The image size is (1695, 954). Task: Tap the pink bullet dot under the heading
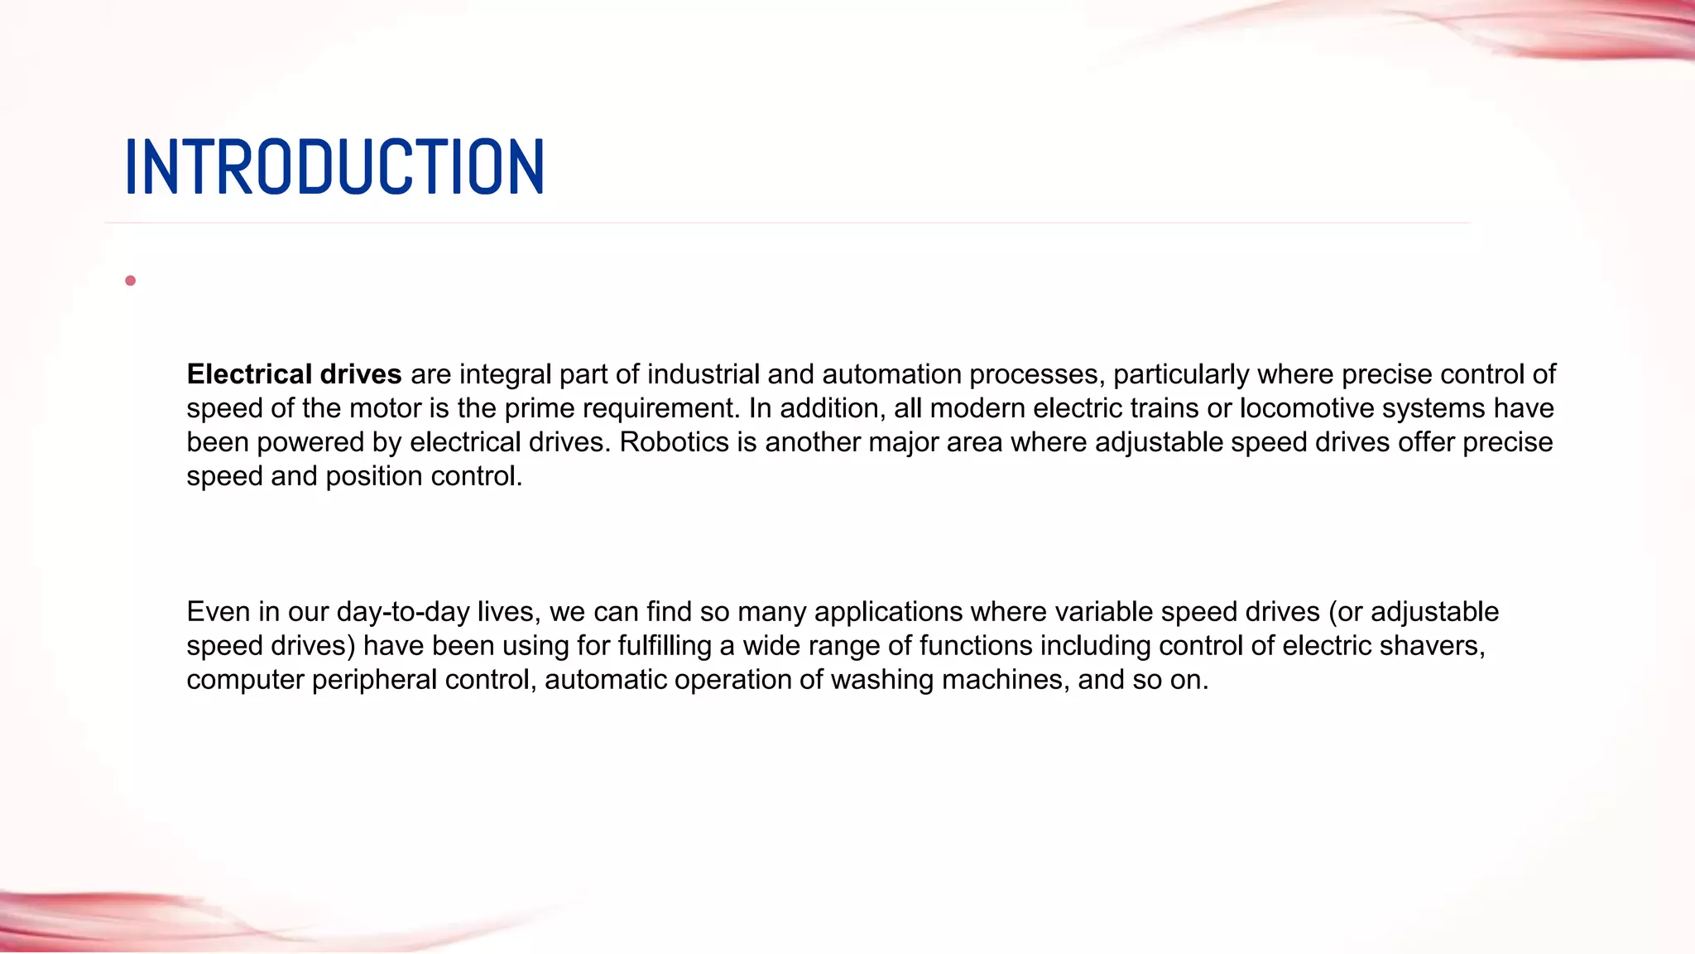pyautogui.click(x=130, y=281)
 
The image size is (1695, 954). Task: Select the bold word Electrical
pyautogui.click(x=249, y=374)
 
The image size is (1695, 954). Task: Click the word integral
pyautogui.click(x=505, y=374)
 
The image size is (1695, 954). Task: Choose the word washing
pyautogui.click(x=881, y=680)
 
